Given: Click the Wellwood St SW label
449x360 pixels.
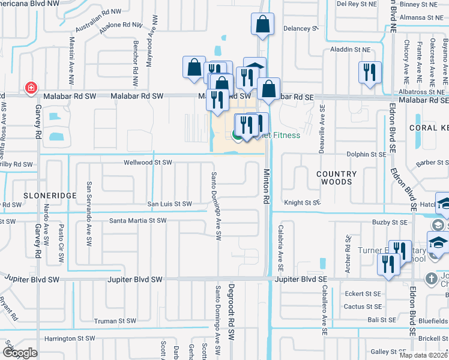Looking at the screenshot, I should pyautogui.click(x=148, y=163).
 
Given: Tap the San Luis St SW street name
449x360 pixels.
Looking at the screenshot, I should pyautogui.click(x=170, y=205).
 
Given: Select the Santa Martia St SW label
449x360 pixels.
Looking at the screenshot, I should pyautogui.click(x=137, y=221).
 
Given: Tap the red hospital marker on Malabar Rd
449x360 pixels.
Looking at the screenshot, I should pyautogui.click(x=29, y=89).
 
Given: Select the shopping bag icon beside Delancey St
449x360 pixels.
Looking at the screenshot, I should pyautogui.click(x=263, y=25).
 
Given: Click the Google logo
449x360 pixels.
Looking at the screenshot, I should pyautogui.click(x=19, y=353).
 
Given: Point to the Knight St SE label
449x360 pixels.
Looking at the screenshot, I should pyautogui.click(x=303, y=203).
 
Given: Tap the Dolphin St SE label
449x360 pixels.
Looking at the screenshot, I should pyautogui.click(x=366, y=155).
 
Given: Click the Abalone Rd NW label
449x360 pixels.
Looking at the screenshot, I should pyautogui.click(x=122, y=26).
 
